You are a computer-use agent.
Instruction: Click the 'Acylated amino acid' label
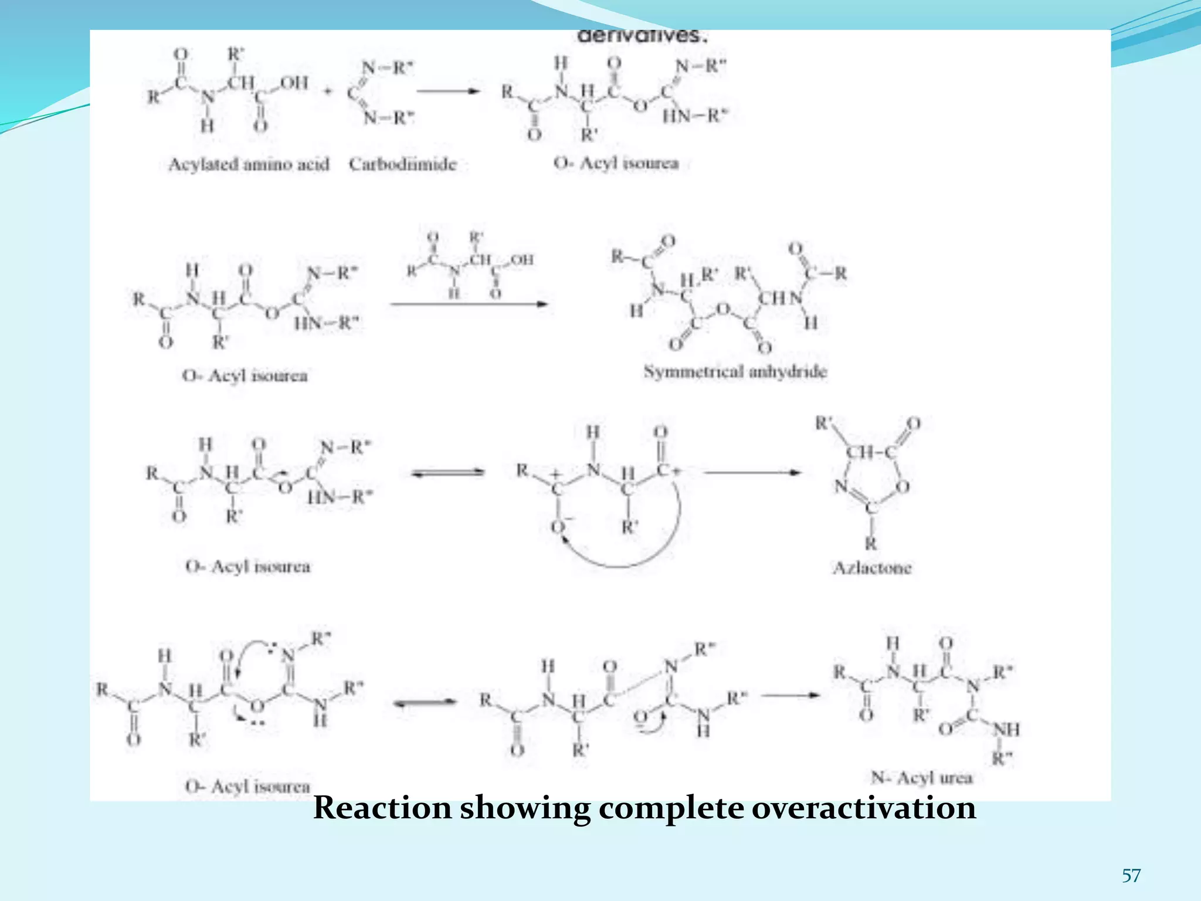[x=249, y=164]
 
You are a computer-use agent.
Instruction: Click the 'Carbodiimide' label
[x=402, y=164]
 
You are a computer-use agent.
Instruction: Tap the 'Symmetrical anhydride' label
[x=735, y=371]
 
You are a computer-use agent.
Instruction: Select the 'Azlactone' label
[x=872, y=568]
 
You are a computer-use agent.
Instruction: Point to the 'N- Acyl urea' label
[x=921, y=778]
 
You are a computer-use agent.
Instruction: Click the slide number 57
[x=1131, y=876]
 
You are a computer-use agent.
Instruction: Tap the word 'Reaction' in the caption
[x=382, y=808]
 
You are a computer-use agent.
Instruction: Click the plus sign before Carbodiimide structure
[x=328, y=91]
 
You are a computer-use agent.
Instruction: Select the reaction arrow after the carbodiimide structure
[x=449, y=91]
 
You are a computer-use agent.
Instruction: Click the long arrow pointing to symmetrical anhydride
[x=469, y=304]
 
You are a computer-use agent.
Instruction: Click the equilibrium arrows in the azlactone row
[x=448, y=473]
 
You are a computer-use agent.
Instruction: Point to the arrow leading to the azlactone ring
[x=752, y=472]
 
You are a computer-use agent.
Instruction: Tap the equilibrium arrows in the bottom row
[x=425, y=703]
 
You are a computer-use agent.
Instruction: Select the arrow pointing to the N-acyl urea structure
[x=791, y=696]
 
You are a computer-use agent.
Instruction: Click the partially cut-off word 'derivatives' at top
[x=643, y=36]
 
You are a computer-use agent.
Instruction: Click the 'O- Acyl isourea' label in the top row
[x=616, y=163]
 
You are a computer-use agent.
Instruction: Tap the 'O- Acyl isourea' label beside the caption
[x=247, y=786]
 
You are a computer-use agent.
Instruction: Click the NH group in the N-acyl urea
[x=1006, y=730]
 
